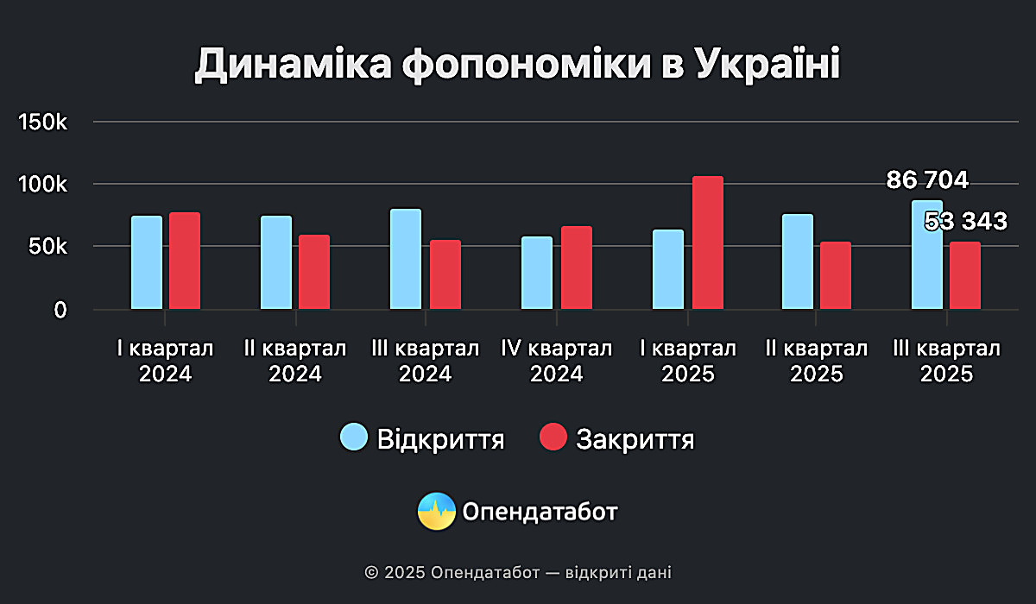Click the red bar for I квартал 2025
(708, 242)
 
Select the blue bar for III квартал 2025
(927, 259)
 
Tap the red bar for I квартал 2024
(185, 261)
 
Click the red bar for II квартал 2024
(314, 272)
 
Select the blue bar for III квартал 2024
(406, 259)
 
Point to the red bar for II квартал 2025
(836, 275)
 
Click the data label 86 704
(927, 180)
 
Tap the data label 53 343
(965, 222)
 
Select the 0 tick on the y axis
(60, 310)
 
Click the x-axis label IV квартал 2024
(557, 362)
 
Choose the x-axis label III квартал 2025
(946, 362)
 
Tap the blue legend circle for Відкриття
(354, 438)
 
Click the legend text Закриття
(635, 439)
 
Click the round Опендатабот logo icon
(436, 512)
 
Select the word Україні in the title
(767, 66)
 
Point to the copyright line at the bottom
(518, 572)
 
